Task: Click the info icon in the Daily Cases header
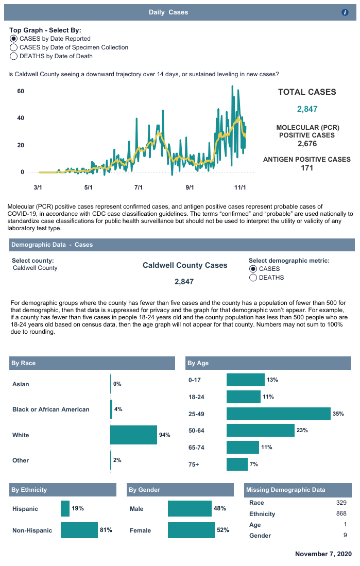point(345,12)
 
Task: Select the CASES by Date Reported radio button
point(14,39)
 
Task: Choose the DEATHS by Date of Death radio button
point(14,56)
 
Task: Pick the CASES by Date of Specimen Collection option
point(14,47)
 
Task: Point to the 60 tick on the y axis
point(21,91)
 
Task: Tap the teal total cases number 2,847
point(307,109)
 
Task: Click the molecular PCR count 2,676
point(307,144)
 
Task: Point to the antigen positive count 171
point(307,167)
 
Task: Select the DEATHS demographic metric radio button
point(253,278)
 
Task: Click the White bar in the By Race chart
point(133,435)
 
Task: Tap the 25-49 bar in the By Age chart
point(278,414)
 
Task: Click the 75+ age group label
point(194,465)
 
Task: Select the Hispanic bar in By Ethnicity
point(65,509)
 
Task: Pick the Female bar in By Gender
point(191,530)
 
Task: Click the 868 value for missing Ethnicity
point(341,514)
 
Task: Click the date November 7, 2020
point(323,554)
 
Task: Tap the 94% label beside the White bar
point(165,435)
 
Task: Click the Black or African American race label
point(51,409)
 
